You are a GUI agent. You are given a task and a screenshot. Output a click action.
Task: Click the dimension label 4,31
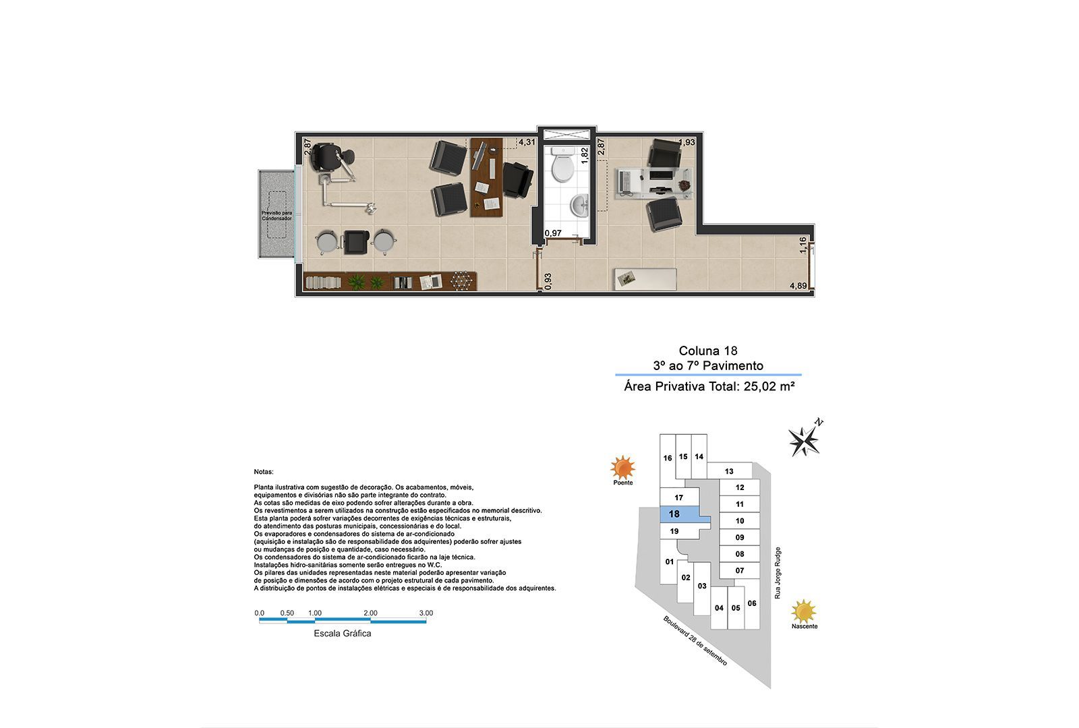click(x=527, y=142)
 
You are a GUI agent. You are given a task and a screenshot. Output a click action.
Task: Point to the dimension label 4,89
click(x=798, y=286)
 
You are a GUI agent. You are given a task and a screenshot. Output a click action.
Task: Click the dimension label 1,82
click(x=585, y=154)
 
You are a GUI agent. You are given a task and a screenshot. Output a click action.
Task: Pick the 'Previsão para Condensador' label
click(x=276, y=216)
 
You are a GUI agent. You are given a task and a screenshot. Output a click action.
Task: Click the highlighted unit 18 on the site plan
click(x=674, y=514)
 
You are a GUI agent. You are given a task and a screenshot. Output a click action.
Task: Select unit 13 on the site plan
click(x=729, y=472)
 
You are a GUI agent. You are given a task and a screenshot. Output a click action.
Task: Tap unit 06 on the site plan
click(x=752, y=603)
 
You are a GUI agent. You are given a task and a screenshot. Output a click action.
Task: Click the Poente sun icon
click(x=622, y=467)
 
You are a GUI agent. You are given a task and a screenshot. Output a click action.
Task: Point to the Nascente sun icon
click(x=804, y=611)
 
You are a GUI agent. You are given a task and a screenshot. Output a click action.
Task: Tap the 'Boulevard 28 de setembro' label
click(x=695, y=641)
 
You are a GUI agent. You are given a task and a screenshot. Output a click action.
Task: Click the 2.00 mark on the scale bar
click(x=370, y=613)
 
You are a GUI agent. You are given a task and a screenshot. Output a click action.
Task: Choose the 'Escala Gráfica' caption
click(x=343, y=634)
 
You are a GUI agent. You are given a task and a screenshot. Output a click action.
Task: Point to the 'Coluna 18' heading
click(x=708, y=351)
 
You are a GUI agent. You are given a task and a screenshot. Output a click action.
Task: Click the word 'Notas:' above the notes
click(x=264, y=472)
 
